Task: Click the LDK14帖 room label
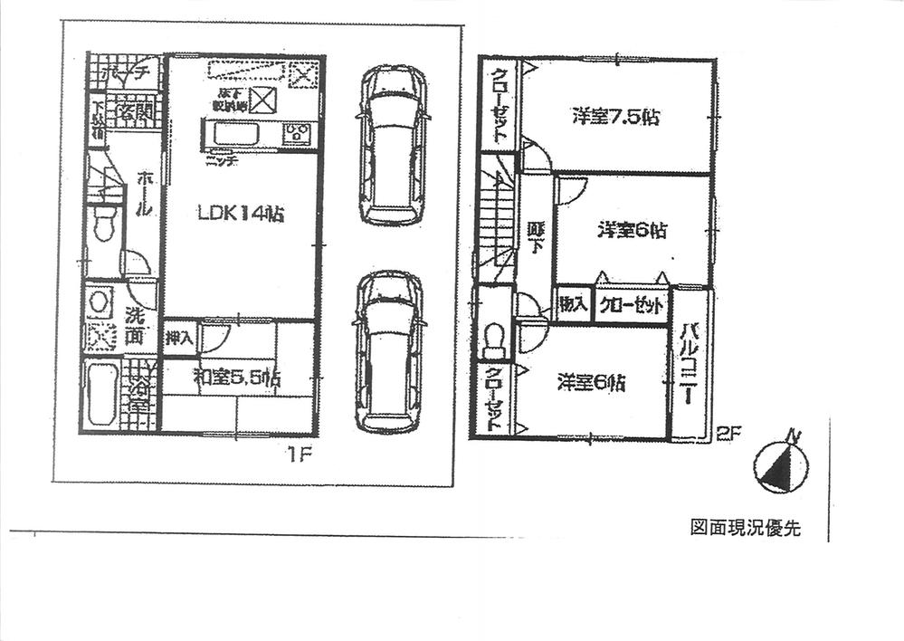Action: pyautogui.click(x=242, y=215)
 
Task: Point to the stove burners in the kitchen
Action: pyautogui.click(x=297, y=136)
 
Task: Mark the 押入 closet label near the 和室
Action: pyautogui.click(x=179, y=339)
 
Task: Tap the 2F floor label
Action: pyautogui.click(x=728, y=434)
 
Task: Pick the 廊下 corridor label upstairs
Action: pyautogui.click(x=535, y=238)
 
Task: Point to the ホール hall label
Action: pyautogui.click(x=143, y=195)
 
